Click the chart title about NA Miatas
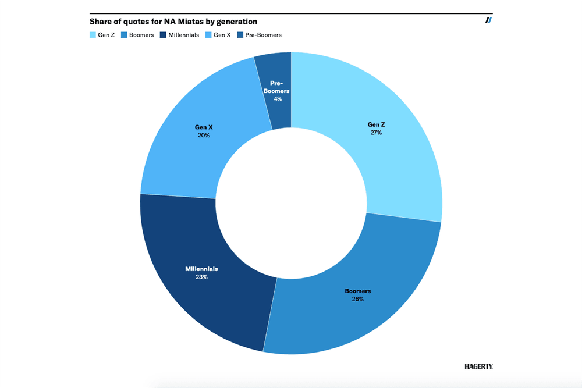click(173, 22)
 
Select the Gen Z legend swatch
click(93, 35)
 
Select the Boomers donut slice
click(355, 302)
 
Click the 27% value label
click(375, 133)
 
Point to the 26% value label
click(357, 299)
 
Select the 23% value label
click(201, 277)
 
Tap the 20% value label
click(204, 135)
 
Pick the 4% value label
click(278, 99)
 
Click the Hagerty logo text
click(478, 366)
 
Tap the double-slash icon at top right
click(489, 20)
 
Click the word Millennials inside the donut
click(201, 269)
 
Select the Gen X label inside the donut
click(204, 127)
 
